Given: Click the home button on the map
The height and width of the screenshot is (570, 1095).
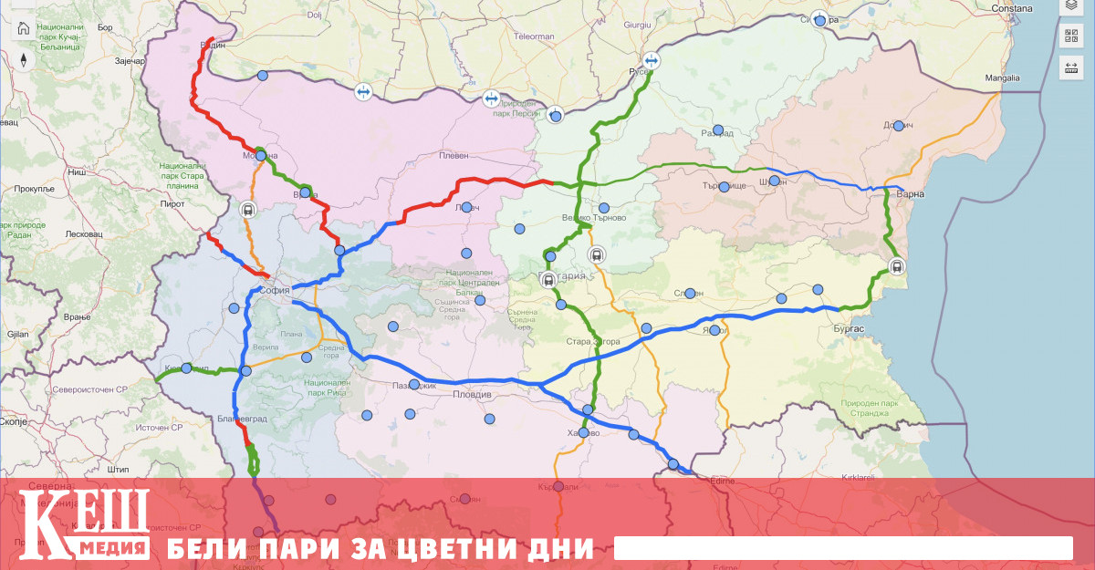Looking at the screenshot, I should (24, 27).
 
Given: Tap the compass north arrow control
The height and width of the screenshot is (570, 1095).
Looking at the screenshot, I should (24, 60).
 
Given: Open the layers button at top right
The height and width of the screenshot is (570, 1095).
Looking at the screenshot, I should (1071, 5).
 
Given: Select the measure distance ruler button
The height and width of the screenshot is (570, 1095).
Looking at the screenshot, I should (1071, 67).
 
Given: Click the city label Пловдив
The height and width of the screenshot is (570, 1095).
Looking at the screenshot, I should (473, 395).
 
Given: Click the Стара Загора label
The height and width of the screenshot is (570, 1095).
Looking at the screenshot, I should (593, 342).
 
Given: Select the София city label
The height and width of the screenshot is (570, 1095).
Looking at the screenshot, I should (274, 291).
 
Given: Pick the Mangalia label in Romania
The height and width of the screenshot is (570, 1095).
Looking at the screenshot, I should (1002, 78).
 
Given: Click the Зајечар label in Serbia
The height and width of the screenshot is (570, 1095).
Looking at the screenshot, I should (129, 60).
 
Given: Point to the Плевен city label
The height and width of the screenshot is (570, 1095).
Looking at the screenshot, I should (454, 155).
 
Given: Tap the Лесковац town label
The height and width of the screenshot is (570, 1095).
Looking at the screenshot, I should (84, 233).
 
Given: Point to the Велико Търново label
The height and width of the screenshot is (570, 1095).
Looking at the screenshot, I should (593, 218).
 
